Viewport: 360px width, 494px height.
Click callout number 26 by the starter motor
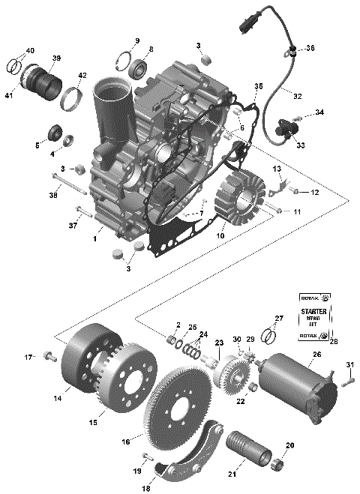(316, 355)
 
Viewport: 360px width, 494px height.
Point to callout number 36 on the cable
(310, 49)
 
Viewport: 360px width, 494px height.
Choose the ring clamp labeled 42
(72, 97)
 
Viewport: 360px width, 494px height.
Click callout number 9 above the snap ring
(136, 40)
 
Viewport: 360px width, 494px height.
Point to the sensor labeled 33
(284, 127)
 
